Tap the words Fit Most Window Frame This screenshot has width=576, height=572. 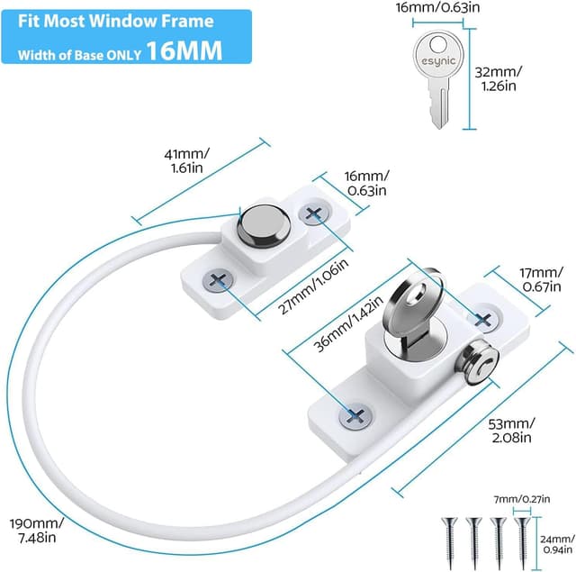coord(117,21)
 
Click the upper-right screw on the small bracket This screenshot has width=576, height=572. coord(314,213)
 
